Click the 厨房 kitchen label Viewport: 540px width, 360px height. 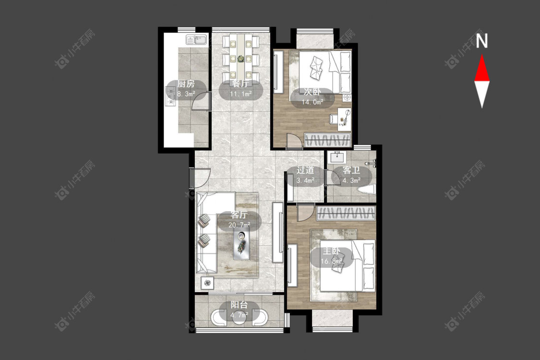(x=186, y=84)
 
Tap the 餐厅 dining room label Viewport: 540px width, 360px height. (x=240, y=84)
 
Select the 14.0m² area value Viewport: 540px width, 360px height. (x=312, y=102)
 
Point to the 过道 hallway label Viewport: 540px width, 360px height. (x=305, y=170)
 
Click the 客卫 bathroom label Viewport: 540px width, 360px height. (x=351, y=170)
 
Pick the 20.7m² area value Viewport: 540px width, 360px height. (x=240, y=225)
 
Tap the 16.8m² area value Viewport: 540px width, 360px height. (x=331, y=261)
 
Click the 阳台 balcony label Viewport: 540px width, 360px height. (x=240, y=305)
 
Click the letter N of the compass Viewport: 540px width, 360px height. (x=482, y=41)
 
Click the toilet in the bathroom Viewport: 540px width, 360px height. (x=366, y=190)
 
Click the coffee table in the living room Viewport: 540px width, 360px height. (x=241, y=245)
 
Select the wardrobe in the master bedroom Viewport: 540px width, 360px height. (x=346, y=214)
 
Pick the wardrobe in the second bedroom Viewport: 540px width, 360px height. (x=327, y=140)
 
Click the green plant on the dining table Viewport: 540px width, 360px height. (x=240, y=59)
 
